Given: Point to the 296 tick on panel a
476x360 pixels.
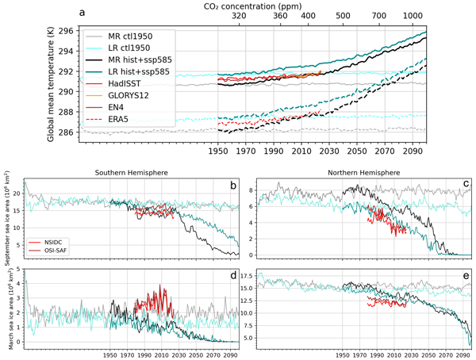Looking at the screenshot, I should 65,31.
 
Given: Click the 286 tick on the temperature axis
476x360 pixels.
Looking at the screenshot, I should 65,132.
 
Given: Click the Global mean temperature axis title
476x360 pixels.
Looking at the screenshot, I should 51,82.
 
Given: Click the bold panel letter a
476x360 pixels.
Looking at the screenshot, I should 82,12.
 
